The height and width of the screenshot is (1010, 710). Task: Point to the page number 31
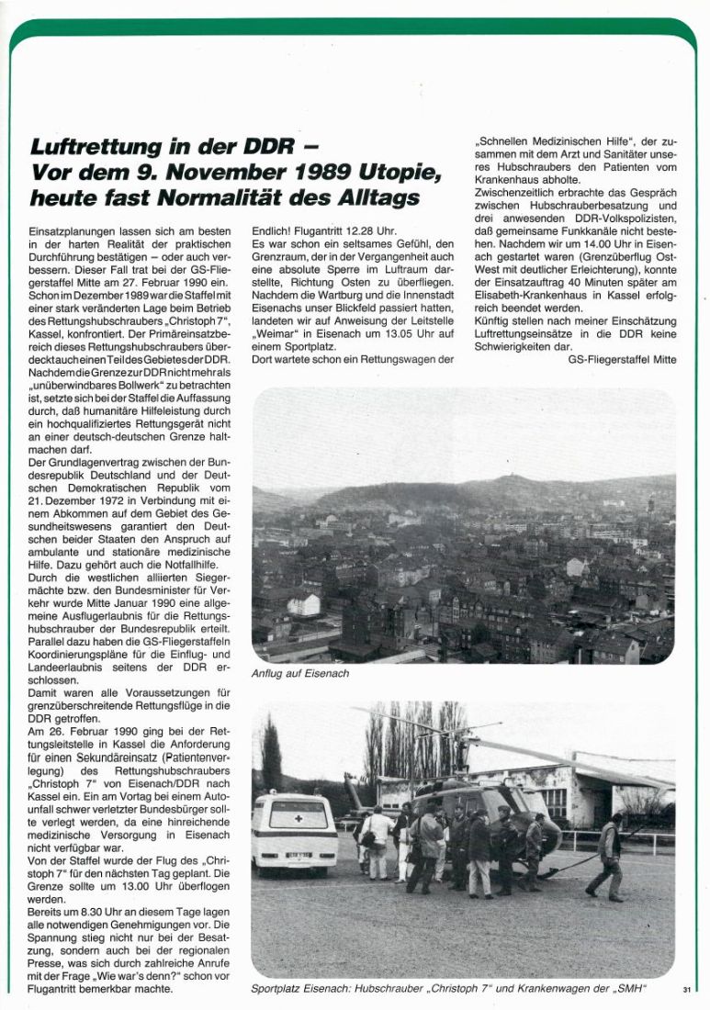tap(687, 989)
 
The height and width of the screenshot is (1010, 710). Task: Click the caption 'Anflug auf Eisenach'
tap(299, 673)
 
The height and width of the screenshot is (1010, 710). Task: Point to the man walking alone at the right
tap(609, 854)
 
